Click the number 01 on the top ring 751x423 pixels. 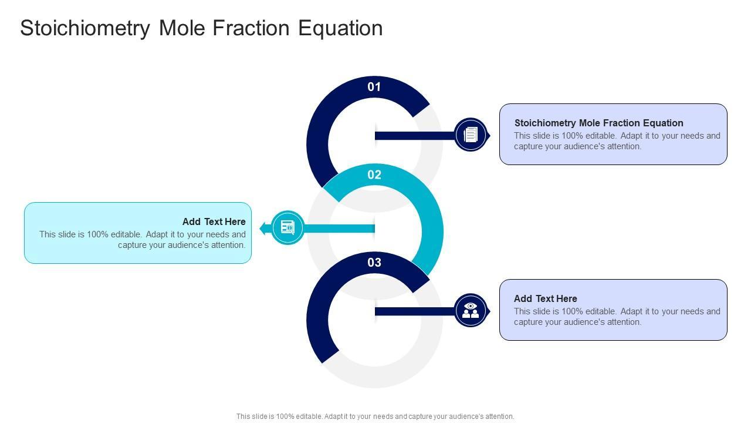374,87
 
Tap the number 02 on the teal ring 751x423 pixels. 374,174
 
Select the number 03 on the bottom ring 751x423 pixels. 374,263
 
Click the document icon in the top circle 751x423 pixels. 471,135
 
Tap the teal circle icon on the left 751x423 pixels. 287,227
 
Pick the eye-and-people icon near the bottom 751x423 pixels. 471,311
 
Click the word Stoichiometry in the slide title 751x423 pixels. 84,28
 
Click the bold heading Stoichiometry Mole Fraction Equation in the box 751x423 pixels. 598,123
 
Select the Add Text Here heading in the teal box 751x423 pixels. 214,221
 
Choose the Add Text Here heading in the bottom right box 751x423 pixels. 545,298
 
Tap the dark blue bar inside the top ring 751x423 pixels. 414,136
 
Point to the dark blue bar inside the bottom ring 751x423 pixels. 414,311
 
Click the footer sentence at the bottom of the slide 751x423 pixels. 375,416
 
